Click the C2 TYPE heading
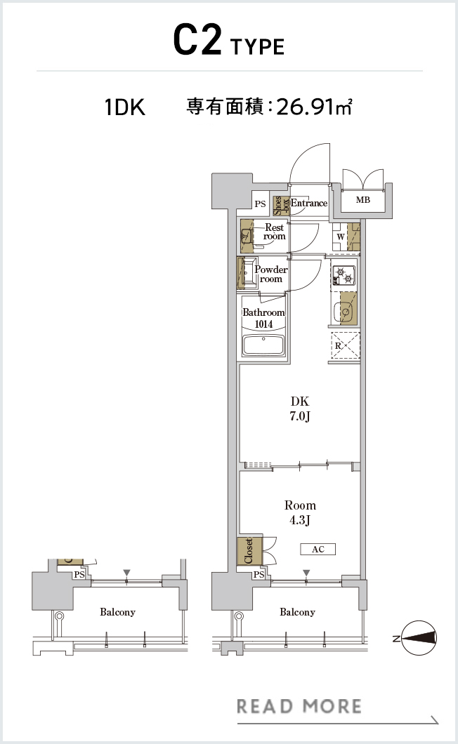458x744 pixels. click(x=228, y=41)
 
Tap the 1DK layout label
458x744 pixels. click(x=124, y=107)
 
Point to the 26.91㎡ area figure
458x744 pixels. click(x=314, y=106)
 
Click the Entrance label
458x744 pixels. click(x=309, y=203)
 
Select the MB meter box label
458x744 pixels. click(x=363, y=200)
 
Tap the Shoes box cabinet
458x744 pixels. click(x=280, y=206)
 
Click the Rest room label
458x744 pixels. click(x=275, y=232)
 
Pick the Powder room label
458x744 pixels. click(x=271, y=274)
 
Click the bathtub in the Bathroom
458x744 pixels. click(x=263, y=346)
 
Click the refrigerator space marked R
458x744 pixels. click(x=344, y=346)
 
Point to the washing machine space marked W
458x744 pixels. click(x=340, y=237)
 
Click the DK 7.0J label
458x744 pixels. click(x=300, y=408)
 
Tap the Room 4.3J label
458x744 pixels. click(x=300, y=512)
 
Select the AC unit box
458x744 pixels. click(x=318, y=549)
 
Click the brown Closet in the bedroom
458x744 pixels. click(x=249, y=550)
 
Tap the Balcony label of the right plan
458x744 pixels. click(x=297, y=612)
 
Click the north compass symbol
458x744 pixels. click(x=419, y=638)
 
